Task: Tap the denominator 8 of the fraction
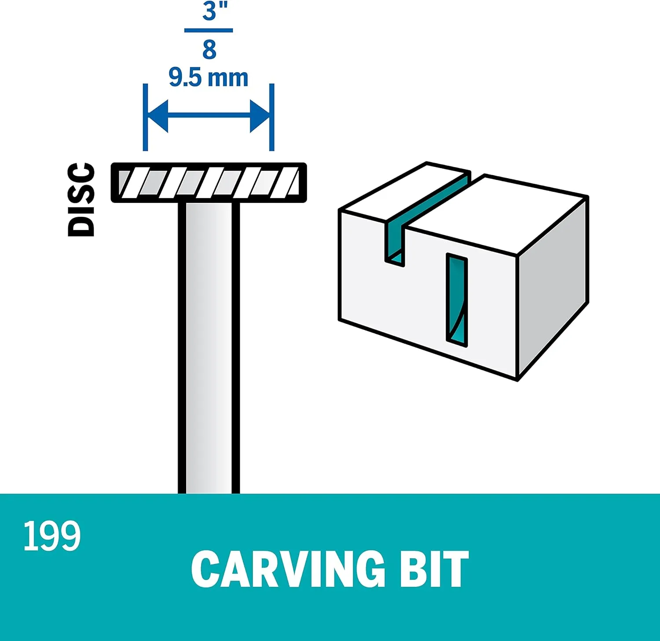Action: [209, 50]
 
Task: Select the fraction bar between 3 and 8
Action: [209, 30]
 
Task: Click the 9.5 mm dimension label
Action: [209, 78]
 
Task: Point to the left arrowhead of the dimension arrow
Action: [158, 116]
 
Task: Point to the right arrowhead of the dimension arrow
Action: [260, 116]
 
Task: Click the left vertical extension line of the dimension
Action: [145, 117]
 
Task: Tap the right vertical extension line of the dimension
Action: [272, 117]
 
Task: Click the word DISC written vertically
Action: [81, 199]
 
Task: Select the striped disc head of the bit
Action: [209, 183]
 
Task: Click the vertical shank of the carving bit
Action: [209, 348]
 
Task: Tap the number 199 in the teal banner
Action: [52, 535]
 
